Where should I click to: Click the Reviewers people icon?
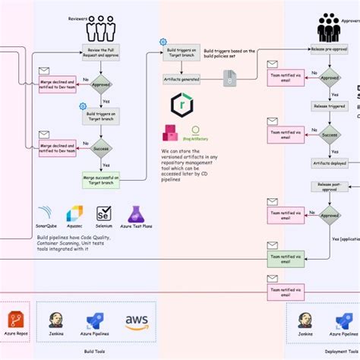pos(100,29)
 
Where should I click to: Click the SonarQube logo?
pos(47,213)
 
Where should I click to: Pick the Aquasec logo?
pos(74,213)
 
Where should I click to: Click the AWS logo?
pos(137,321)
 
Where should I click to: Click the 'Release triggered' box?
pos(329,107)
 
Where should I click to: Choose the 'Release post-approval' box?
pos(329,186)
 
